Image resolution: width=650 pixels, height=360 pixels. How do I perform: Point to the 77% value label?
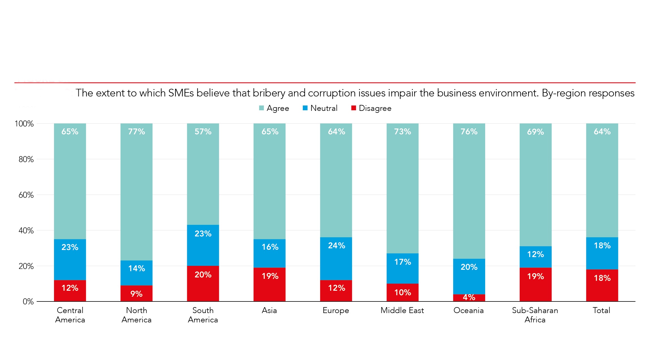click(136, 132)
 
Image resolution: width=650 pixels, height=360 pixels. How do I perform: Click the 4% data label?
click(469, 297)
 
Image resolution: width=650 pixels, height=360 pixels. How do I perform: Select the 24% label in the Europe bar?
click(336, 245)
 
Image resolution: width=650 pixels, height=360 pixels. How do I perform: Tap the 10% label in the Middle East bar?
click(403, 292)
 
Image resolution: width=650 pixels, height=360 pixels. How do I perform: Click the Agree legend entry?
click(274, 108)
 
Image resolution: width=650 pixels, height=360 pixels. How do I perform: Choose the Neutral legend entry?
click(320, 108)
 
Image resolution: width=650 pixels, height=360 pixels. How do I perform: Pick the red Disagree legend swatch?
click(353, 108)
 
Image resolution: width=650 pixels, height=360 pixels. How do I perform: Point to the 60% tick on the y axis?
click(26, 195)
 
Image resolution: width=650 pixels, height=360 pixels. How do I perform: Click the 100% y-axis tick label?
click(24, 124)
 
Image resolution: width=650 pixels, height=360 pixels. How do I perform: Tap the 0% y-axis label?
click(28, 301)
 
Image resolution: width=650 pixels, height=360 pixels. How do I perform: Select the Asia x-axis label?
click(269, 311)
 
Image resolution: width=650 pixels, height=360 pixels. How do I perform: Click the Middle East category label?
click(402, 311)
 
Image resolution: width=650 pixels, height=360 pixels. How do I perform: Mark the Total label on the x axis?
click(601, 311)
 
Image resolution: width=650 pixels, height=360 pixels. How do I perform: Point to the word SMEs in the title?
click(181, 93)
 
